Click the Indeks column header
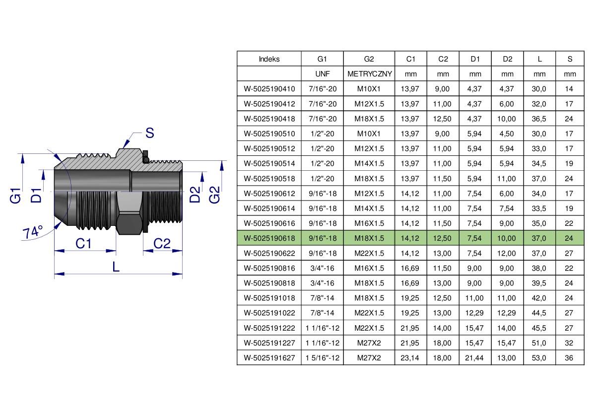tap(269, 59)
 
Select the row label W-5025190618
tap(269, 238)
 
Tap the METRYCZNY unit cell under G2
tap(369, 74)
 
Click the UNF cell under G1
tap(322, 74)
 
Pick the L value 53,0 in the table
tap(539, 358)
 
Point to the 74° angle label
tap(33, 232)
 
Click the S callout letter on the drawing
tap(150, 133)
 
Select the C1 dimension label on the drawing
tap(83, 243)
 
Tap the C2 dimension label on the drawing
tap(162, 243)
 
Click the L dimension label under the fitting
tap(116, 267)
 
